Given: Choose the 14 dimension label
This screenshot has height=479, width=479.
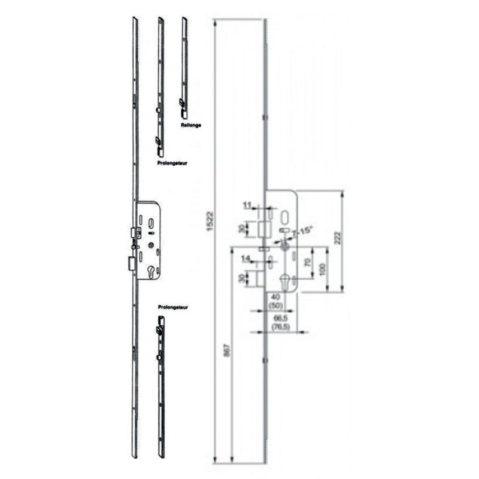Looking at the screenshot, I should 246,258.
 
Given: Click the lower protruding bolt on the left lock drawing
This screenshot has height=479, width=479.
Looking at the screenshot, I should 131,263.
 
